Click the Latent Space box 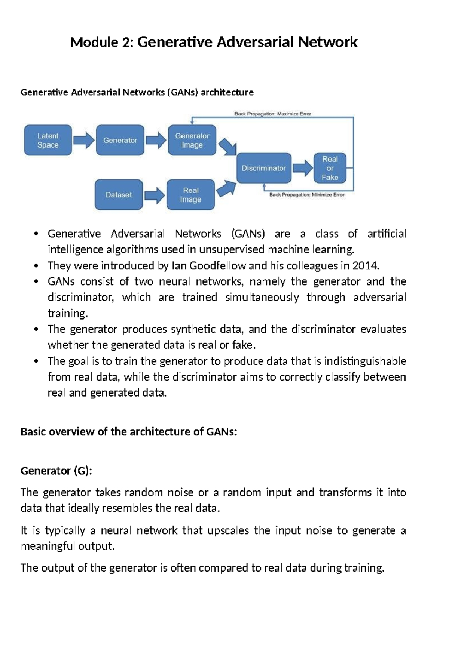pyautogui.click(x=48, y=140)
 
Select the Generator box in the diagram pyautogui.click(x=120, y=140)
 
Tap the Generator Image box pyautogui.click(x=192, y=140)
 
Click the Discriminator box pyautogui.click(x=264, y=168)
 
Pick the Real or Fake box pyautogui.click(x=330, y=168)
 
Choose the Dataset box pyautogui.click(x=119, y=195)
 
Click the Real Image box pyautogui.click(x=190, y=195)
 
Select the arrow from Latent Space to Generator pyautogui.click(x=84, y=141)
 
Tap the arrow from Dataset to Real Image pyautogui.click(x=155, y=195)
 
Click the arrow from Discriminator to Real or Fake pyautogui.click(x=302, y=168)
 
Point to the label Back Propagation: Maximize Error pyautogui.click(x=272, y=114)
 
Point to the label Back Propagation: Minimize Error pyautogui.click(x=307, y=195)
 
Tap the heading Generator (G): pyautogui.click(x=56, y=471)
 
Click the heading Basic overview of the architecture pyautogui.click(x=129, y=432)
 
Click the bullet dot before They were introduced pyautogui.click(x=36, y=266)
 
